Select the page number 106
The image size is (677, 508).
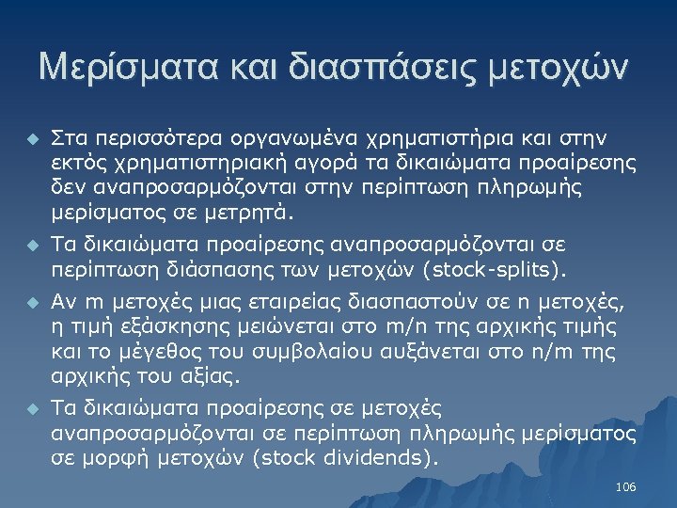(x=625, y=486)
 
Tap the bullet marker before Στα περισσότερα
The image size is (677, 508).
(x=30, y=140)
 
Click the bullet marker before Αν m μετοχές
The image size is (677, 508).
(x=30, y=304)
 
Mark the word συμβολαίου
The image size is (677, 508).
(x=309, y=352)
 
